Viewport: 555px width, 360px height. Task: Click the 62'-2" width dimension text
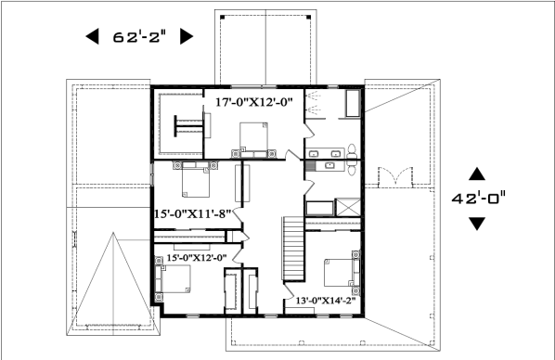139,36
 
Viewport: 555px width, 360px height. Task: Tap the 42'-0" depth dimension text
479,198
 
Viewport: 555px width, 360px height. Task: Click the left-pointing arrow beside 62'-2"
93,36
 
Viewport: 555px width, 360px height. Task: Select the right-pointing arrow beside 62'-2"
187,36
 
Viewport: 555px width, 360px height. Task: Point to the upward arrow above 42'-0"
477,174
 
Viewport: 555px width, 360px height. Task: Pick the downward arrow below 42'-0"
477,224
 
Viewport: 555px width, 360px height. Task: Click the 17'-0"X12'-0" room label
254,102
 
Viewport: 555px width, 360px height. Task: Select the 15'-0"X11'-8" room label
192,213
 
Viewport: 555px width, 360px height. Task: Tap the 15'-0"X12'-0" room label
197,258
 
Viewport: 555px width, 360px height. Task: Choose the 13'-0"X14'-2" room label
326,301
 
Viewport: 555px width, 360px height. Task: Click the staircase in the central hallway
293,249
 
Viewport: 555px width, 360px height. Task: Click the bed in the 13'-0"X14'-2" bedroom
339,273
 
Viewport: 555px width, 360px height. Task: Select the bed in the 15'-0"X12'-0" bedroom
176,279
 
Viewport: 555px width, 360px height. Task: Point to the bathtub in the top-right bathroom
353,103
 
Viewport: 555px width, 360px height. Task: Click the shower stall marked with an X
348,207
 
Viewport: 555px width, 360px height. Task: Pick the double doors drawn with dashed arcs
395,176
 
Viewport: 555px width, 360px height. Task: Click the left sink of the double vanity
314,154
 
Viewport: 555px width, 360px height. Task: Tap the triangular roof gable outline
113,283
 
